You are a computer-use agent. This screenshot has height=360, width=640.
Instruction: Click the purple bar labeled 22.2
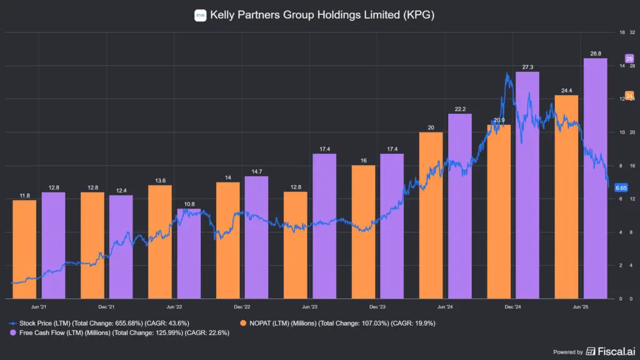tap(460, 206)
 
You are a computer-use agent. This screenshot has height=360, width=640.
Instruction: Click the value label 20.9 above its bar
tap(499, 120)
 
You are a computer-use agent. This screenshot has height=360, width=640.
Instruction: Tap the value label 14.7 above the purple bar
tap(256, 171)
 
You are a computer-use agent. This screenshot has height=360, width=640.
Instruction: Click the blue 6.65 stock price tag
tap(621, 187)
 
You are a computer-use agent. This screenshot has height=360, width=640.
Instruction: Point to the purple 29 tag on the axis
tap(629, 58)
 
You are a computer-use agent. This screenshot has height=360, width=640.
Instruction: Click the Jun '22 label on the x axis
tap(174, 307)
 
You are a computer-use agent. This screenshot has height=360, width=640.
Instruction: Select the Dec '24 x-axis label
tap(512, 307)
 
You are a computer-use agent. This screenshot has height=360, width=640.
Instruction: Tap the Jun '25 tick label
tap(581, 307)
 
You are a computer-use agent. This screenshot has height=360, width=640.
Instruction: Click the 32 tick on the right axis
tap(632, 32)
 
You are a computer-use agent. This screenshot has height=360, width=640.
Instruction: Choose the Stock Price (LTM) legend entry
tap(100, 323)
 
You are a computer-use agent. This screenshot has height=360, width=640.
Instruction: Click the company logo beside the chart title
tap(200, 15)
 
